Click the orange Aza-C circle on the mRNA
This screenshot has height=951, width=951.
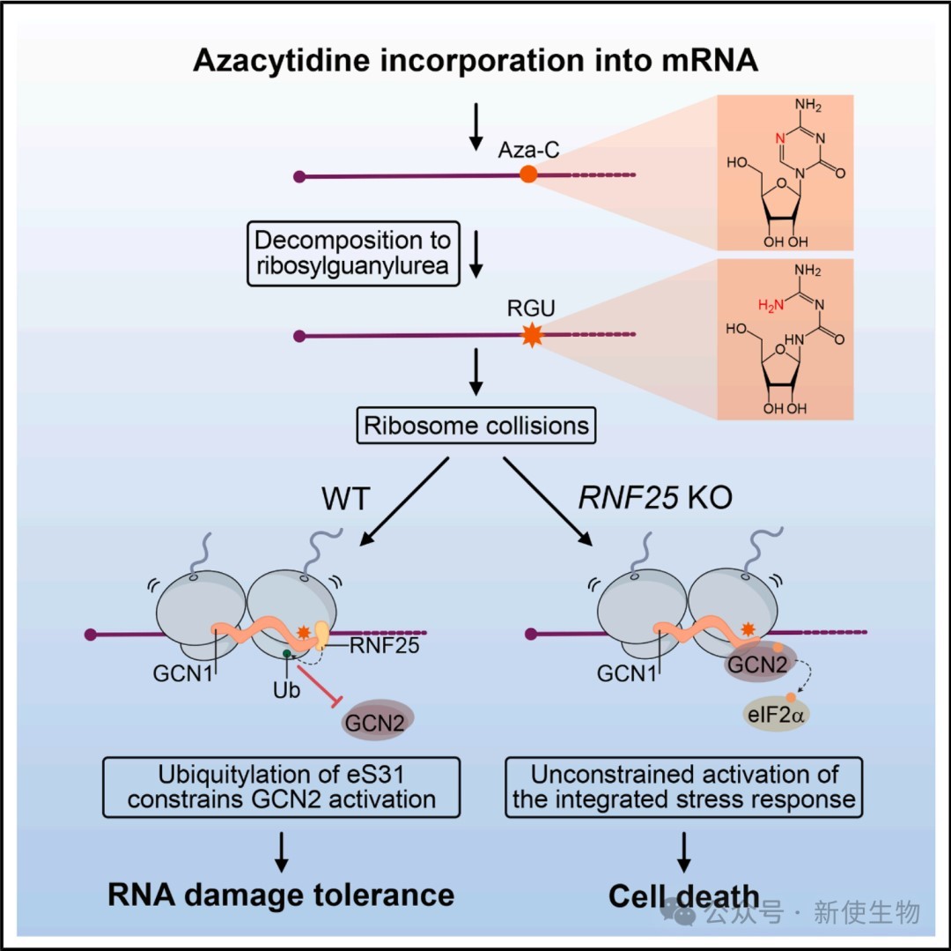click(x=528, y=174)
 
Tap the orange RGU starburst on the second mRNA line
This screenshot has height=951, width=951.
click(x=531, y=335)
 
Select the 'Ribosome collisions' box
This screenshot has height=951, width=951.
click(x=476, y=427)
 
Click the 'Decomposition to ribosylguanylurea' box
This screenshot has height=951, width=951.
click(x=352, y=253)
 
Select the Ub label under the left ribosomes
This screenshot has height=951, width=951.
click(x=286, y=690)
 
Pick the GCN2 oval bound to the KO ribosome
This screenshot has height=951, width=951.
click(x=756, y=666)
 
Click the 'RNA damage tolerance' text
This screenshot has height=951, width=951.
click(x=281, y=895)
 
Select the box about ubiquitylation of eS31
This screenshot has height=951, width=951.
click(x=282, y=786)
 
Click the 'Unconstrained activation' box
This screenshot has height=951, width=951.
click(x=684, y=786)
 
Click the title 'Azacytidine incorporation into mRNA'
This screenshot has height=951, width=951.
click(x=476, y=61)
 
